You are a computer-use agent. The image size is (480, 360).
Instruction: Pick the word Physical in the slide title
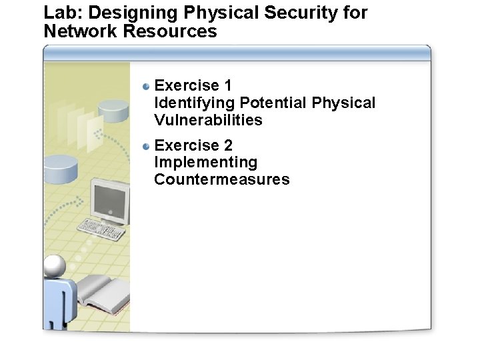pos(216,13)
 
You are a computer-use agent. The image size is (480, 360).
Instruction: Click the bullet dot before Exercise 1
pos(147,85)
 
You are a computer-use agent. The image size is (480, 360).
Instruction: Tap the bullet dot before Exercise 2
pos(147,145)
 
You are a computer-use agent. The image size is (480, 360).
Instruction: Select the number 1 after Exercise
pos(228,85)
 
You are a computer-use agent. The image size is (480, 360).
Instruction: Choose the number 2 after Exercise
pos(229,145)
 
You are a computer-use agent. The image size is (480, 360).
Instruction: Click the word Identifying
pos(194,103)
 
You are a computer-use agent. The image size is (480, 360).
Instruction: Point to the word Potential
pos(273,103)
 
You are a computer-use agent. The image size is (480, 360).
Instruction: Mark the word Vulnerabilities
pos(208,121)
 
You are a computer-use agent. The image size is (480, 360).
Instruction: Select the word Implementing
pos(205,163)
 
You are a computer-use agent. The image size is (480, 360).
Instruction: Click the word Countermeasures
pos(222,179)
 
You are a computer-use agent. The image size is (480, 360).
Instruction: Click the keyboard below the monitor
pos(101,229)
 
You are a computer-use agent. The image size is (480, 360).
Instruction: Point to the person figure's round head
pos(55,267)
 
